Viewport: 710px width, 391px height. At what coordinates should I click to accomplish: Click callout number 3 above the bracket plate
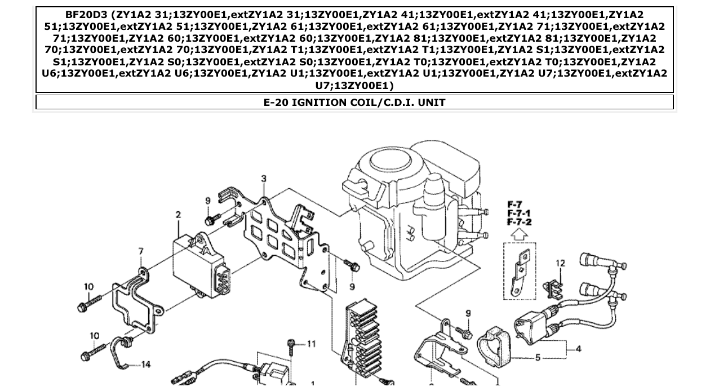pos(264,179)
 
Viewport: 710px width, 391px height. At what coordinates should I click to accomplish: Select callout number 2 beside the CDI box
pos(179,215)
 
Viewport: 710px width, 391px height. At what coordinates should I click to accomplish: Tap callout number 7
pos(141,251)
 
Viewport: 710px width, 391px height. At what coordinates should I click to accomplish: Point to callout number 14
pos(145,365)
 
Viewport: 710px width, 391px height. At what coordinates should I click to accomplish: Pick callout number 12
pos(560,263)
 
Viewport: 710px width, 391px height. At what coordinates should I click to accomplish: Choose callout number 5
pos(538,357)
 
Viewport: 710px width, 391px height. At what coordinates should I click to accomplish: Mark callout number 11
pos(311,344)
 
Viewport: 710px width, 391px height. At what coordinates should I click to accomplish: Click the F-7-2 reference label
pos(519,222)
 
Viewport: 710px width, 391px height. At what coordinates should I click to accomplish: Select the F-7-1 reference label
pos(519,214)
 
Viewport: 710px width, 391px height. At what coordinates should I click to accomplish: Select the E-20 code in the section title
pos(276,103)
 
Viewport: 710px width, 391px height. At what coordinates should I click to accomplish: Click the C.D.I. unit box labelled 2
pos(200,265)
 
